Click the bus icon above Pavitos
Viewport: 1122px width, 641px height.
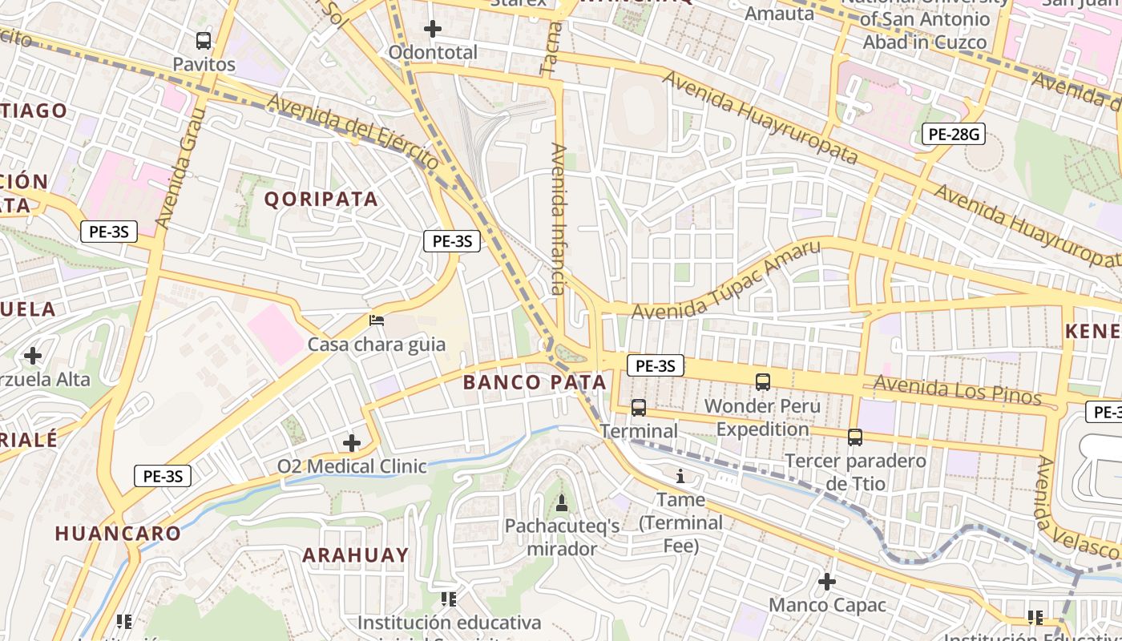pos(204,41)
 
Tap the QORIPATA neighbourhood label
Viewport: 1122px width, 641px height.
pos(321,200)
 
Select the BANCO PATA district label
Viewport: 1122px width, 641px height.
pos(535,382)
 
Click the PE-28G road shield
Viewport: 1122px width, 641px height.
pos(953,134)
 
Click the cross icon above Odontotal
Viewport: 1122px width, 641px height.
pos(433,30)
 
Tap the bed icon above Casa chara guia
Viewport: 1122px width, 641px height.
pos(377,320)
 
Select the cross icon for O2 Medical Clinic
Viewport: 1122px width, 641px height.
pos(352,442)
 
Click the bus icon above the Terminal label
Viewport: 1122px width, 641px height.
pos(639,408)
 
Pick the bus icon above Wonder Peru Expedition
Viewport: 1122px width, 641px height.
pos(763,382)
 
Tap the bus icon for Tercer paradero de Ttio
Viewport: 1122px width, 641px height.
pos(855,437)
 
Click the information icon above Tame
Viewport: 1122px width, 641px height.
pos(680,477)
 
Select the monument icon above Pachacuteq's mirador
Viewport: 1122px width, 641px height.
pos(562,503)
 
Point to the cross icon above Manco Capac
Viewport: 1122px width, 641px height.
pos(827,581)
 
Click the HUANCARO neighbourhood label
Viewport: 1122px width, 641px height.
pos(118,534)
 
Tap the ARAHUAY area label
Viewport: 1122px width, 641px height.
pos(355,554)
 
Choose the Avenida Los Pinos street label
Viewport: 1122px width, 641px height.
pos(957,390)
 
